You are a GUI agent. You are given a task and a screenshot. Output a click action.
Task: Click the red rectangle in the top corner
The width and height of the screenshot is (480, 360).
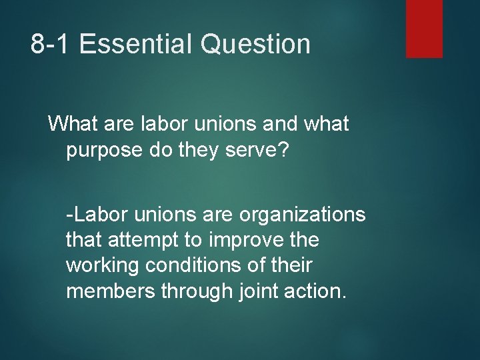click(x=424, y=28)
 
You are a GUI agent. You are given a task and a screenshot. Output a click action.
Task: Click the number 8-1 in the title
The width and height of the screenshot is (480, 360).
click(x=53, y=45)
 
